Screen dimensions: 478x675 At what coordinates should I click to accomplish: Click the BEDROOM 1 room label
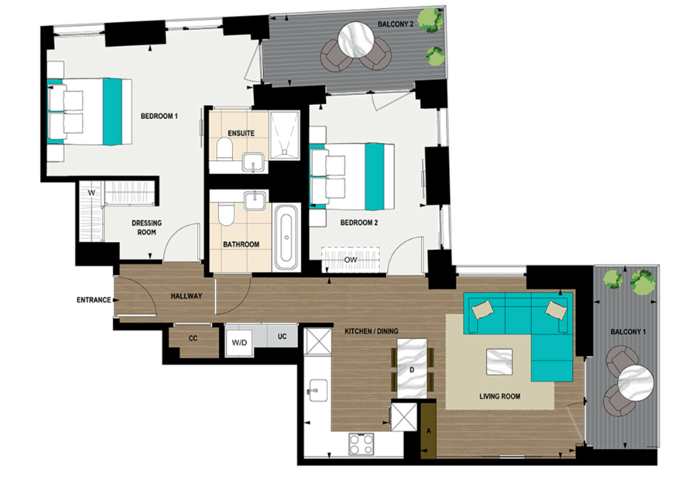[159, 116]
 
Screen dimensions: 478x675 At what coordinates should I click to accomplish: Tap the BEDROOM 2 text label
[359, 222]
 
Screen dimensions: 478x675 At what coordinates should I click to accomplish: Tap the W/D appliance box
[239, 343]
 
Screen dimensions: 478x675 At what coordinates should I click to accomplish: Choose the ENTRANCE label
[94, 300]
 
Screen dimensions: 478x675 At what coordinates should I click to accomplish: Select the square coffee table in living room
[499, 362]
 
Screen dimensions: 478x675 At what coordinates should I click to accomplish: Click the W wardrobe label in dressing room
[91, 192]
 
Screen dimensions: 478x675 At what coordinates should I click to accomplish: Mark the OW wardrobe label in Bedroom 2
[349, 259]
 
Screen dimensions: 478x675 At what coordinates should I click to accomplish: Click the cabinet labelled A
[428, 430]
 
